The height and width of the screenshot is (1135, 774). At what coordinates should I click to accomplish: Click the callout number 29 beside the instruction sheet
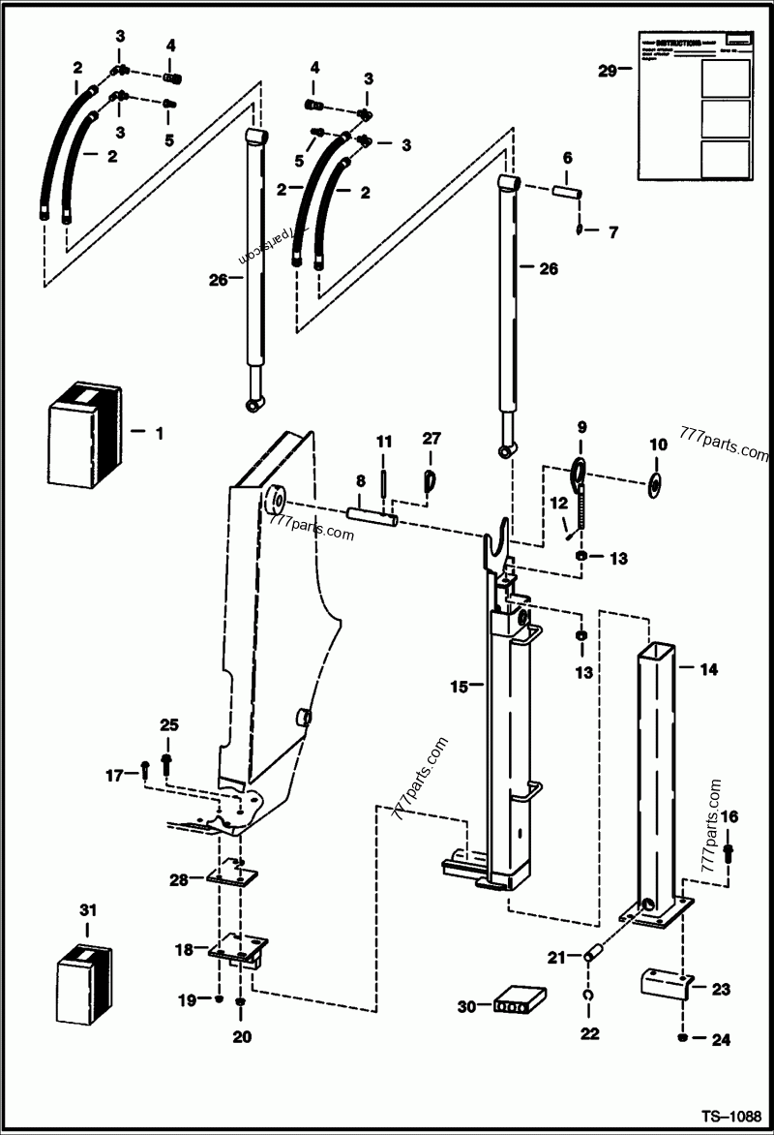click(x=607, y=70)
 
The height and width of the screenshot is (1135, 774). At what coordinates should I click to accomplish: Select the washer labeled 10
click(x=657, y=481)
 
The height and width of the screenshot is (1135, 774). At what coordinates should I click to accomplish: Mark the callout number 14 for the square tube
click(x=708, y=667)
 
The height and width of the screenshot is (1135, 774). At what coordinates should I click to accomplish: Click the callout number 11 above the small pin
click(x=383, y=442)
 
